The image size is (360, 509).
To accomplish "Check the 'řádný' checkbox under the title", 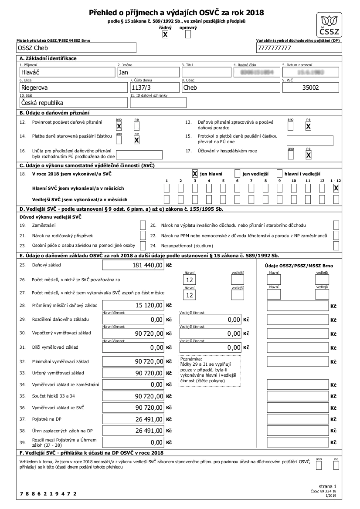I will (165, 34).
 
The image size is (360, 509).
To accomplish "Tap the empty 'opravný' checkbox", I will (188, 34).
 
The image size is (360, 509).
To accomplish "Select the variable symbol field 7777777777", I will (299, 48).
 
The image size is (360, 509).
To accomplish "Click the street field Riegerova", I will (73, 87).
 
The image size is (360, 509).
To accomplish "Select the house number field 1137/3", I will (154, 87).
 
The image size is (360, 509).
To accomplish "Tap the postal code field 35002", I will (311, 87).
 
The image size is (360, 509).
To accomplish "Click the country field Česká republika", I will (73, 103).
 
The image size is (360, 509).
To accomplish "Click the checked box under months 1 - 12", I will (336, 189).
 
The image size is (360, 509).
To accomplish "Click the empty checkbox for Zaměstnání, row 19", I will (143, 225).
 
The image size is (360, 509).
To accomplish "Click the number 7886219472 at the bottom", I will (48, 494).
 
